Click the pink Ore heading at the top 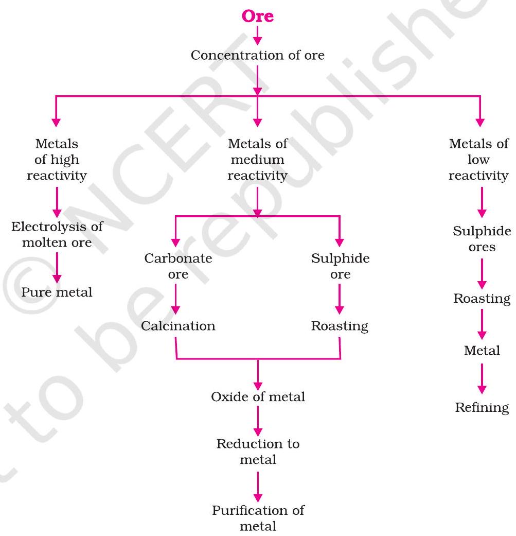(x=258, y=16)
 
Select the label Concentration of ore (x=258, y=55)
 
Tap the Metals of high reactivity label (x=57, y=160)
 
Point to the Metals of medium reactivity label (x=258, y=160)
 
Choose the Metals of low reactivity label (x=478, y=160)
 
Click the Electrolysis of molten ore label (x=57, y=234)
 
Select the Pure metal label (x=57, y=292)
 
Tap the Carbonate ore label (x=178, y=266)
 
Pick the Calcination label (x=178, y=326)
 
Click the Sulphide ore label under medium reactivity (x=340, y=266)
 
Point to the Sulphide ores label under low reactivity (x=482, y=239)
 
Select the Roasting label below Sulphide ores (x=482, y=299)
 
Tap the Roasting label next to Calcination (x=340, y=326)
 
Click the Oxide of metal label (x=258, y=397)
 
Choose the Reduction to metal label (x=258, y=451)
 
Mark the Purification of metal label (x=258, y=518)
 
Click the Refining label (x=482, y=408)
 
